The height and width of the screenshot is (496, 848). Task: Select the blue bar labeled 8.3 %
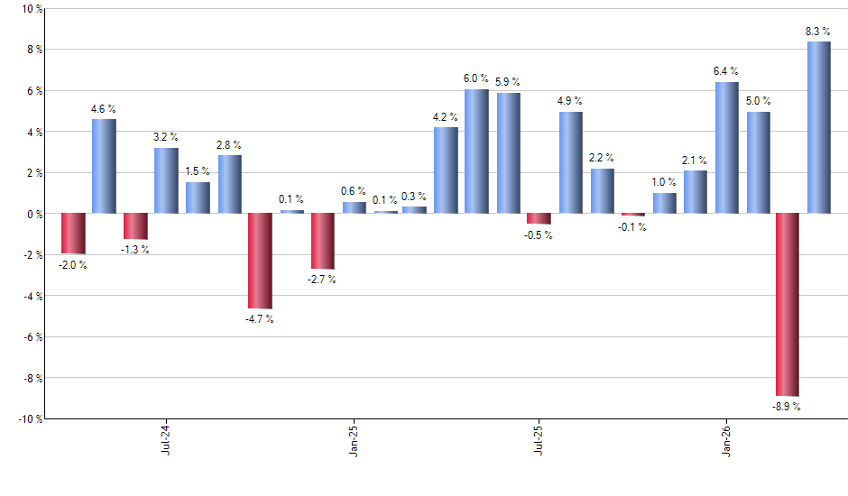tap(819, 127)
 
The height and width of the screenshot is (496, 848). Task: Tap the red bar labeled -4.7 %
tap(260, 262)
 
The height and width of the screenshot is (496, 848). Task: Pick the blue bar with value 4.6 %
tap(104, 166)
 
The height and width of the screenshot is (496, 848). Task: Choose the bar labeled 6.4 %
tap(726, 148)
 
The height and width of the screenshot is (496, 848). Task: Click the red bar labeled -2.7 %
tap(322, 241)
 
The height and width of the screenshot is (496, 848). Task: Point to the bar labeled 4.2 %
tap(446, 170)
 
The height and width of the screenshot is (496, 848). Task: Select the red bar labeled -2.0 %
tap(73, 234)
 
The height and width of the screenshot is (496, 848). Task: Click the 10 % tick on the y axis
tap(31, 9)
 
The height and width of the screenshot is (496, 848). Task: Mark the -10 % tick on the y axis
tap(28, 419)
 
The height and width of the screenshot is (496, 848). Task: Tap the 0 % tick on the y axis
tap(34, 214)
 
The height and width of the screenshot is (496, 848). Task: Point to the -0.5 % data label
tap(539, 235)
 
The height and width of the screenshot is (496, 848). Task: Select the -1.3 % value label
tap(135, 250)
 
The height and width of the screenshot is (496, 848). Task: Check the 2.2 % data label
tap(603, 158)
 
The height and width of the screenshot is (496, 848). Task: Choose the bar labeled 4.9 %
tap(570, 162)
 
